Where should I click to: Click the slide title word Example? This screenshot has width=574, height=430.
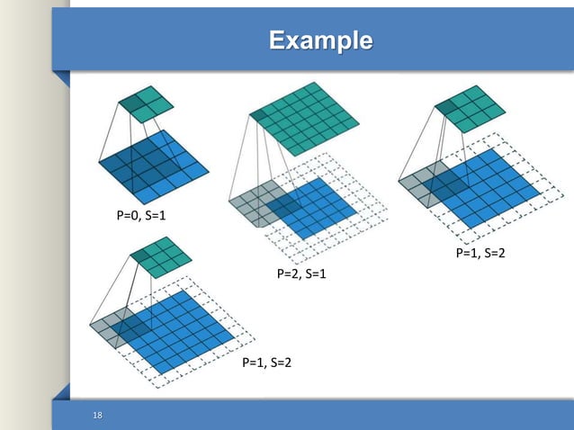click(x=320, y=40)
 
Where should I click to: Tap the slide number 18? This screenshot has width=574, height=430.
click(x=98, y=415)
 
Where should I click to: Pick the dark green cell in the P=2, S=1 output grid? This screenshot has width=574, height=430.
click(x=262, y=113)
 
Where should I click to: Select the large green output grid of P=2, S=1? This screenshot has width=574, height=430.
click(x=307, y=117)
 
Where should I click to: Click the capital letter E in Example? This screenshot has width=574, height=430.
click(x=277, y=40)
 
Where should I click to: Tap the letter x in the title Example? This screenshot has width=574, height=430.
click(x=293, y=41)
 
